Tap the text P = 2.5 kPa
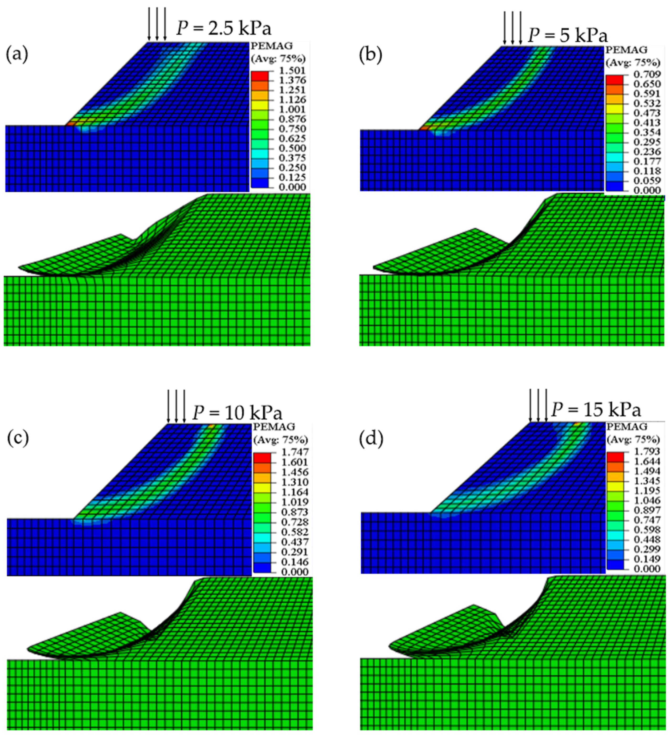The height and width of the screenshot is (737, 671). pyautogui.click(x=224, y=28)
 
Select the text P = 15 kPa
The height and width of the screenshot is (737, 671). pyautogui.click(x=596, y=410)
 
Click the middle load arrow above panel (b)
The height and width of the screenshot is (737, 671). pyautogui.click(x=512, y=27)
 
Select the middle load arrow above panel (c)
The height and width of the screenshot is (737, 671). pyautogui.click(x=176, y=405)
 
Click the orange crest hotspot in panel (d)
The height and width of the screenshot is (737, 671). pyautogui.click(x=577, y=424)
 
